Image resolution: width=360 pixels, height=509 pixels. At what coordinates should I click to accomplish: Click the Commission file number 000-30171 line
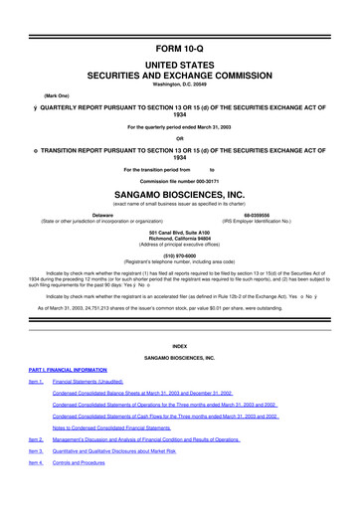pyautogui.click(x=179, y=180)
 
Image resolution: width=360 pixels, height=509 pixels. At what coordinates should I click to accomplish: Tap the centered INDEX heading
pyautogui.click(x=179, y=345)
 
